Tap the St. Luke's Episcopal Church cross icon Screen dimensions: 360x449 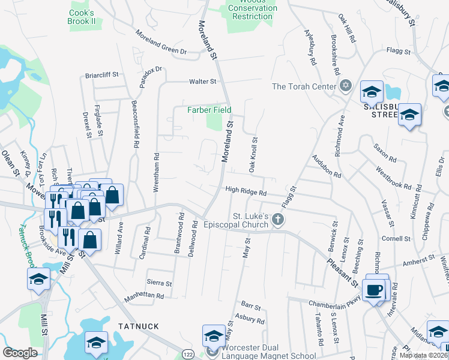[x=277, y=220]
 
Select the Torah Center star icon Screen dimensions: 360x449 [x=345, y=86]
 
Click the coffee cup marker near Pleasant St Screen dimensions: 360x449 [x=375, y=291]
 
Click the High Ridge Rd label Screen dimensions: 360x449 [x=246, y=191]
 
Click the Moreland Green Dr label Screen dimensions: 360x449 [x=160, y=41]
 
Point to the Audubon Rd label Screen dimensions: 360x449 [x=326, y=167]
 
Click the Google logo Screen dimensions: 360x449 [x=20, y=353]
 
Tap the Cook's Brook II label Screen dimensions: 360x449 [x=82, y=17]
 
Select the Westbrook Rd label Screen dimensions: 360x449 [x=394, y=178]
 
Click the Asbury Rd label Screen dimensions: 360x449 [x=250, y=318]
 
